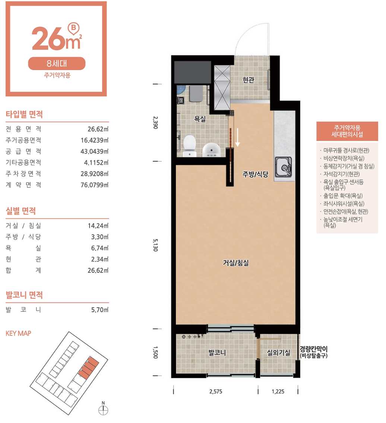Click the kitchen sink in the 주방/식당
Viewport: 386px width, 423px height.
pyautogui.click(x=283, y=168)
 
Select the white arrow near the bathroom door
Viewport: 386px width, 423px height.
pyautogui.click(x=237, y=137)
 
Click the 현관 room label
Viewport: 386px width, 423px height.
pyautogui.click(x=248, y=80)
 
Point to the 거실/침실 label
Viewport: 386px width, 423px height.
pyautogui.click(x=236, y=262)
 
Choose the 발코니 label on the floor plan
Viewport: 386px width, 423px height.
pyautogui.click(x=217, y=352)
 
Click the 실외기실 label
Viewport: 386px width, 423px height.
pyautogui.click(x=278, y=352)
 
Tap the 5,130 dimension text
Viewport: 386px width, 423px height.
pyautogui.click(x=155, y=245)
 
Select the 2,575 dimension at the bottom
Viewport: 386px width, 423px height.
pyautogui.click(x=216, y=391)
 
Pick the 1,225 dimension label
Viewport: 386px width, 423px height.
pyautogui.click(x=278, y=391)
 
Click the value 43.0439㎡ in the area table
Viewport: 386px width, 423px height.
pyautogui.click(x=94, y=151)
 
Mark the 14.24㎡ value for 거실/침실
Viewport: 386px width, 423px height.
pyautogui.click(x=98, y=225)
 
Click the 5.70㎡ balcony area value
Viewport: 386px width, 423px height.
pyautogui.click(x=100, y=310)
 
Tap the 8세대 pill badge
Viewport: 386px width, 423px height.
pyautogui.click(x=57, y=64)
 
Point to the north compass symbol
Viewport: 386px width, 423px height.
pyautogui.click(x=103, y=410)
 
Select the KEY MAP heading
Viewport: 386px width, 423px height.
pyautogui.click(x=18, y=334)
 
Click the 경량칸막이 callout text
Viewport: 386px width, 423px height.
pyautogui.click(x=313, y=349)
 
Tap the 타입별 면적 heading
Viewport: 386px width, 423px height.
pyautogui.click(x=24, y=114)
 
